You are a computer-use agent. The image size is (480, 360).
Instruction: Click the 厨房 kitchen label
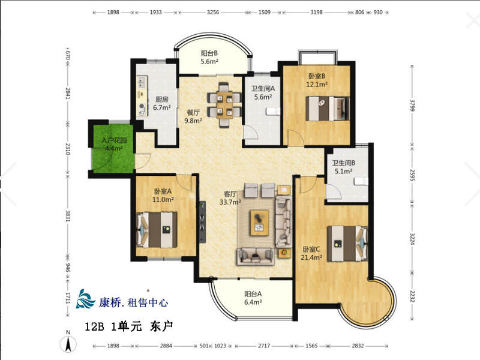161,99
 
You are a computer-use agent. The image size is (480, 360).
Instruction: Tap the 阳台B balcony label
209,53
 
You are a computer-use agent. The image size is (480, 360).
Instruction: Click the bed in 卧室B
327,109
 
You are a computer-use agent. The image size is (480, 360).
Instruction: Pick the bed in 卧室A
157,230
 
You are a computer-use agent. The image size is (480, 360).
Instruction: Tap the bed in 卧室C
347,244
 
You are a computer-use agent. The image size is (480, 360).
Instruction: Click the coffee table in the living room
260,223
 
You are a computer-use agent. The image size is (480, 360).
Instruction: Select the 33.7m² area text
230,202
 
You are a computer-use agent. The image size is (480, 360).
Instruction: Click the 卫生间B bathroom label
344,163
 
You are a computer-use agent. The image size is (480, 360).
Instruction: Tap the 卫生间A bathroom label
263,89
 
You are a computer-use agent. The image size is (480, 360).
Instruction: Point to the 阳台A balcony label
253,294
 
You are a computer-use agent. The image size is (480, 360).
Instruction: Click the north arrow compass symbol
68,342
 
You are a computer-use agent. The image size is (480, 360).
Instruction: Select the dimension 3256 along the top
213,12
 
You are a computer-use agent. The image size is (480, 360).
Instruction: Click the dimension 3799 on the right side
412,106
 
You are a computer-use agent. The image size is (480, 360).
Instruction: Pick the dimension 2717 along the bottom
264,346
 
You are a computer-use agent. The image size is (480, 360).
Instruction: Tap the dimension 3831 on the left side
68,216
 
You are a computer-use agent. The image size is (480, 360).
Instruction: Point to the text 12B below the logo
94,326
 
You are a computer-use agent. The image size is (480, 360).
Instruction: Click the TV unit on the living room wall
202,221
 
